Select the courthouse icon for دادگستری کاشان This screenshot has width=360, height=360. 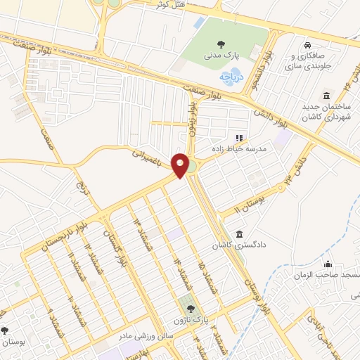(240, 233)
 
